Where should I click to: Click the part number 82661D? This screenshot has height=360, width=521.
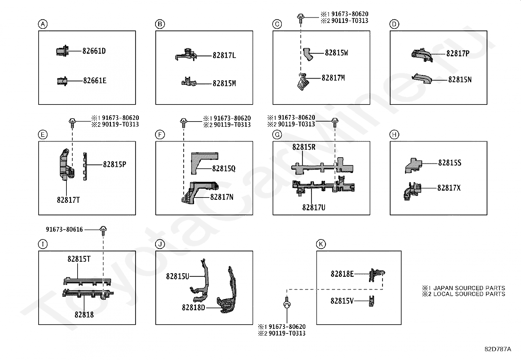[94, 51]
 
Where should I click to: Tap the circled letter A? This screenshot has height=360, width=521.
[43, 24]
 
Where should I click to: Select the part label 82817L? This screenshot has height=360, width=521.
[224, 56]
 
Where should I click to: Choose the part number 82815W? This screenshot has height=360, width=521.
[336, 53]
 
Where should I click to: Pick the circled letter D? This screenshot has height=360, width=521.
[394, 24]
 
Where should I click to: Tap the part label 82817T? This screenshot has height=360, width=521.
[68, 200]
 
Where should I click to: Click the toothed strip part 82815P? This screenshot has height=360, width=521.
[85, 166]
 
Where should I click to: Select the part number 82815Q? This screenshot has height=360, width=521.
[224, 169]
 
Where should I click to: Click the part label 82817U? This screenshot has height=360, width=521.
[314, 207]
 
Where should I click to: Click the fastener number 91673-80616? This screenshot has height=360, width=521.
[64, 230]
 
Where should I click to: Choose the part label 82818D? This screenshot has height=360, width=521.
[193, 308]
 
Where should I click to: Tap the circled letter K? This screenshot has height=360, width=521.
[321, 244]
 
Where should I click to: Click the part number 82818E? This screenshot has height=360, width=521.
[342, 274]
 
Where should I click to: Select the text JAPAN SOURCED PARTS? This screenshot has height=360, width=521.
[469, 288]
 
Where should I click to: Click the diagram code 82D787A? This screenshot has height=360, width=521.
[497, 349]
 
